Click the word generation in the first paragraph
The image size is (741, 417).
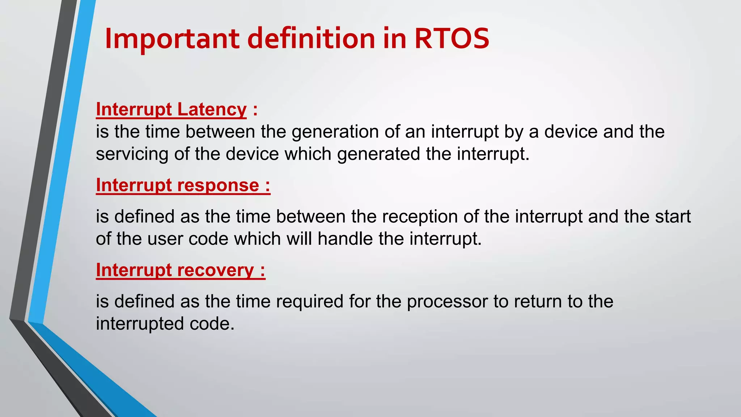pyautogui.click(x=335, y=132)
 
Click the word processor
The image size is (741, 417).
pyautogui.click(x=447, y=302)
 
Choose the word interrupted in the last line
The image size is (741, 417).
pyautogui.click(x=140, y=324)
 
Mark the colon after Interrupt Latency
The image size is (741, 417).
pyautogui.click(x=255, y=110)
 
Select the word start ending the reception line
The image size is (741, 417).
pyautogui.click(x=673, y=217)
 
